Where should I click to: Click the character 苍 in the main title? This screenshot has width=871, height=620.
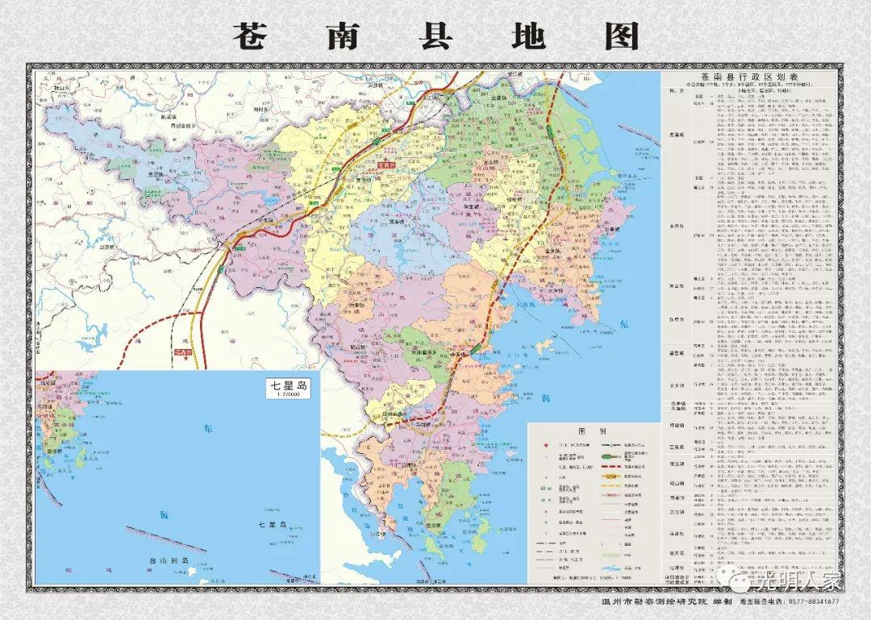[x=257, y=35]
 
